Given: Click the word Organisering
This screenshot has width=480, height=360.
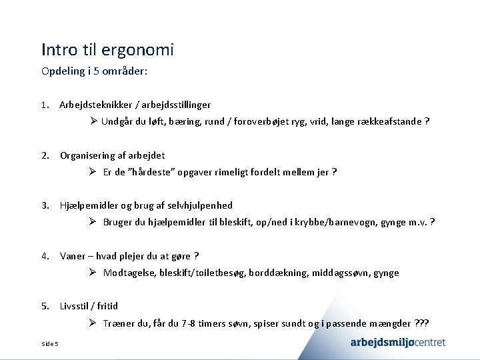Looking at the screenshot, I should [87, 155].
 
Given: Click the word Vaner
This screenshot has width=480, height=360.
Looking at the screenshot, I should [73, 256].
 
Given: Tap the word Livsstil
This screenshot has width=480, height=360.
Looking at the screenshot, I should [75, 306].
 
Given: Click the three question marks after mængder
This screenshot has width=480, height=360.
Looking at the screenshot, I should [422, 323].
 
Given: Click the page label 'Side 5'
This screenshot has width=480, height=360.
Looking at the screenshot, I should [50, 344].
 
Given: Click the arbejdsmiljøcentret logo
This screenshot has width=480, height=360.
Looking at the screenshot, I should [398, 343].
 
